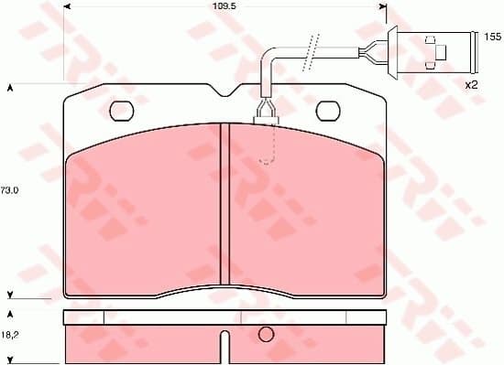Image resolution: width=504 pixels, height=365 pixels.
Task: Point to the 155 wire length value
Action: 493,38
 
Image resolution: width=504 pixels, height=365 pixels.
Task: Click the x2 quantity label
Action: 473,84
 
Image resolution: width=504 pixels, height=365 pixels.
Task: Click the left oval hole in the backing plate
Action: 122,111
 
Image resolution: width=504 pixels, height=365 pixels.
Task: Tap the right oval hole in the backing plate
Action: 327,111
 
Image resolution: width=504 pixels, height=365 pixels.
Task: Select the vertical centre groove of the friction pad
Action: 223,210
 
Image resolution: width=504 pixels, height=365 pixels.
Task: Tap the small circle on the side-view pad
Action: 266,334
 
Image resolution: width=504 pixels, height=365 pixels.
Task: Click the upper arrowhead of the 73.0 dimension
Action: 9,88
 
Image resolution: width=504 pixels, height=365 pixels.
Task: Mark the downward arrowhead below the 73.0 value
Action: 9,295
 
